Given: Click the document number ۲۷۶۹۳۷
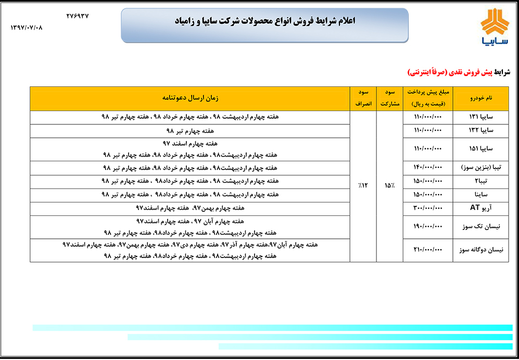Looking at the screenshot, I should point(78,16).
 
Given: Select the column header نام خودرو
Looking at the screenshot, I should point(480,98).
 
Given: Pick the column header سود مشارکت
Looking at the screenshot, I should point(390,98).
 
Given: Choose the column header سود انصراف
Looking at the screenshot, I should point(363,98).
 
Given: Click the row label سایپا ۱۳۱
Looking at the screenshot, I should point(481,117).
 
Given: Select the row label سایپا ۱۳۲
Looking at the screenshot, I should point(481,130).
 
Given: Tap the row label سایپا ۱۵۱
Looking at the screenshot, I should point(481,149).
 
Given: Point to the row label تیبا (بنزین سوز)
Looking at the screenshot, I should point(481,168).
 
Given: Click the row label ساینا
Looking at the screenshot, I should point(481,195).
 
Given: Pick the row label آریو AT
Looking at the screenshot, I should point(481,208).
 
